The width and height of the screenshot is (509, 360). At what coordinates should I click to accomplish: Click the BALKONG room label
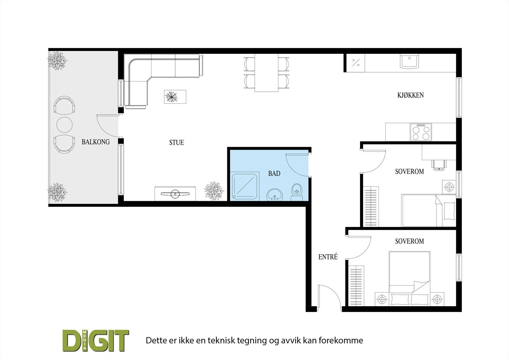95,142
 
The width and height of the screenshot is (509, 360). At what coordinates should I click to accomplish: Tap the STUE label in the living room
177,143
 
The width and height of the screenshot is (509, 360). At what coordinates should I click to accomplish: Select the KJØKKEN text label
410,95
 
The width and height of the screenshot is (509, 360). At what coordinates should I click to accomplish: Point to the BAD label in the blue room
274,173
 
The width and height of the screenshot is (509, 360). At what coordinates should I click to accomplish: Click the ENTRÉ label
328,257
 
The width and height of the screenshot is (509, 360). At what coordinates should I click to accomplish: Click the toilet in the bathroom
297,192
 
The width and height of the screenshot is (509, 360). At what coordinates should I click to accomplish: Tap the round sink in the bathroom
275,194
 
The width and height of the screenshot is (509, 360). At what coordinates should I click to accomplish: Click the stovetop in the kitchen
421,132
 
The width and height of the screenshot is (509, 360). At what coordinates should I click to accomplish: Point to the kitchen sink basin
410,61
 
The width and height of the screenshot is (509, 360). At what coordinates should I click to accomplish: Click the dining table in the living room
267,73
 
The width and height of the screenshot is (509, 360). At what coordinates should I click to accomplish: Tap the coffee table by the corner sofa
175,96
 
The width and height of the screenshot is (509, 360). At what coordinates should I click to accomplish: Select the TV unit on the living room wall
175,194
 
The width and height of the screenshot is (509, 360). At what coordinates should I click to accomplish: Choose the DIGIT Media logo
95,341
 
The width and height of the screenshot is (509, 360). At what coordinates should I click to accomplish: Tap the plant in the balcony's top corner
57,60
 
